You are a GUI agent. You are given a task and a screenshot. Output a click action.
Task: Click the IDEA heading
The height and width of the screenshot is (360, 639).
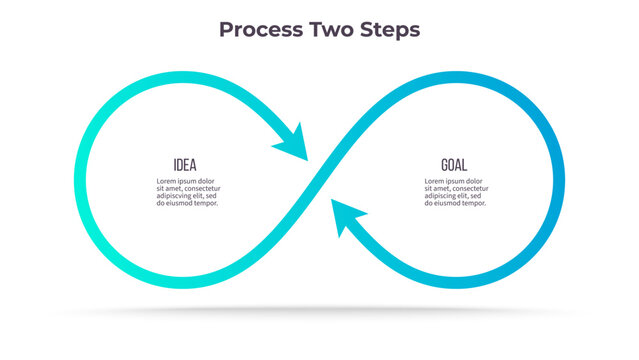tap(185, 165)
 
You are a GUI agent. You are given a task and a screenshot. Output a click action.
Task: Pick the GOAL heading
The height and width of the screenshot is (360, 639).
tap(453, 165)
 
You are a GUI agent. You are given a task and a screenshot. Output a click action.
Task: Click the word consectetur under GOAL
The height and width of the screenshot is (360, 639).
tap(469, 188)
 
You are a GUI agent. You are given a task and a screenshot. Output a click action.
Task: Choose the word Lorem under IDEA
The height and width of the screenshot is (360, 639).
tap(167, 180)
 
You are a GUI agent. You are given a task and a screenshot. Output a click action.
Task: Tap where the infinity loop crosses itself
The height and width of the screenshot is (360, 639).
tap(319, 181)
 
